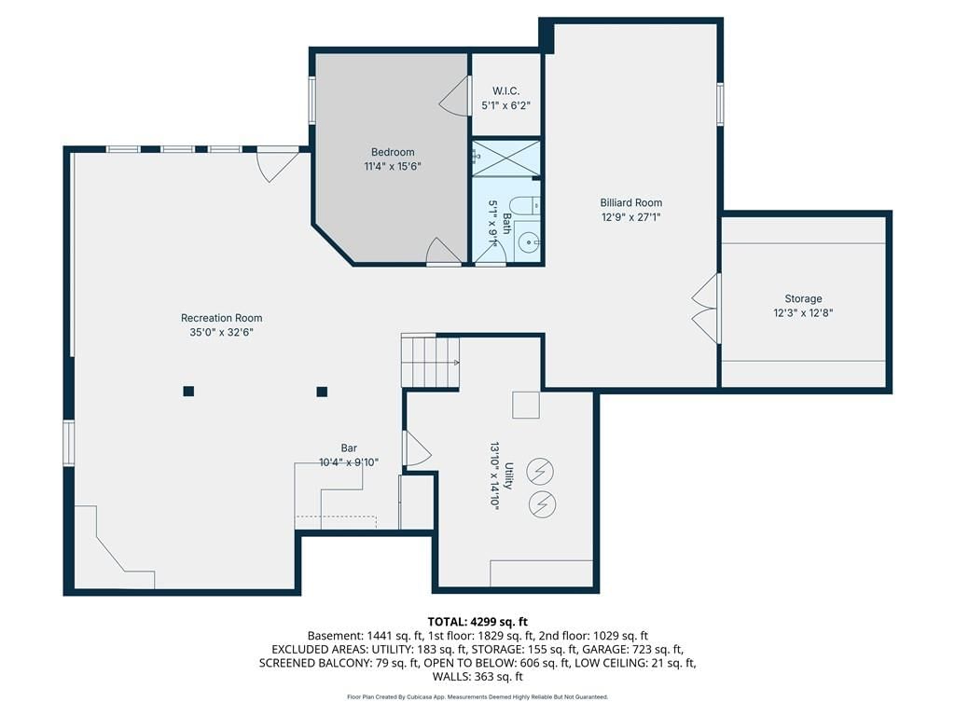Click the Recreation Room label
222,318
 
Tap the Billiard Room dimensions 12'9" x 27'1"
631,216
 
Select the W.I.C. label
506,90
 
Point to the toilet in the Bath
524,206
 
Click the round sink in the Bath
528,242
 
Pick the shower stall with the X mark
506,158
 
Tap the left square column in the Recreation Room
188,391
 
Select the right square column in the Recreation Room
322,392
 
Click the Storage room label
803,298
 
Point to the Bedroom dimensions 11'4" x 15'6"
393,166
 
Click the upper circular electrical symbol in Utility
540,471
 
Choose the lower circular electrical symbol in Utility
542,504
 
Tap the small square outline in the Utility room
526,405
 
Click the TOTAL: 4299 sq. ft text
477,622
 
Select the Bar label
349,448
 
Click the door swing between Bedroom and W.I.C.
454,96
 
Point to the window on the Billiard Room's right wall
720,104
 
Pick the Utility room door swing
418,448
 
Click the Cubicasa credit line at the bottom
477,696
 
